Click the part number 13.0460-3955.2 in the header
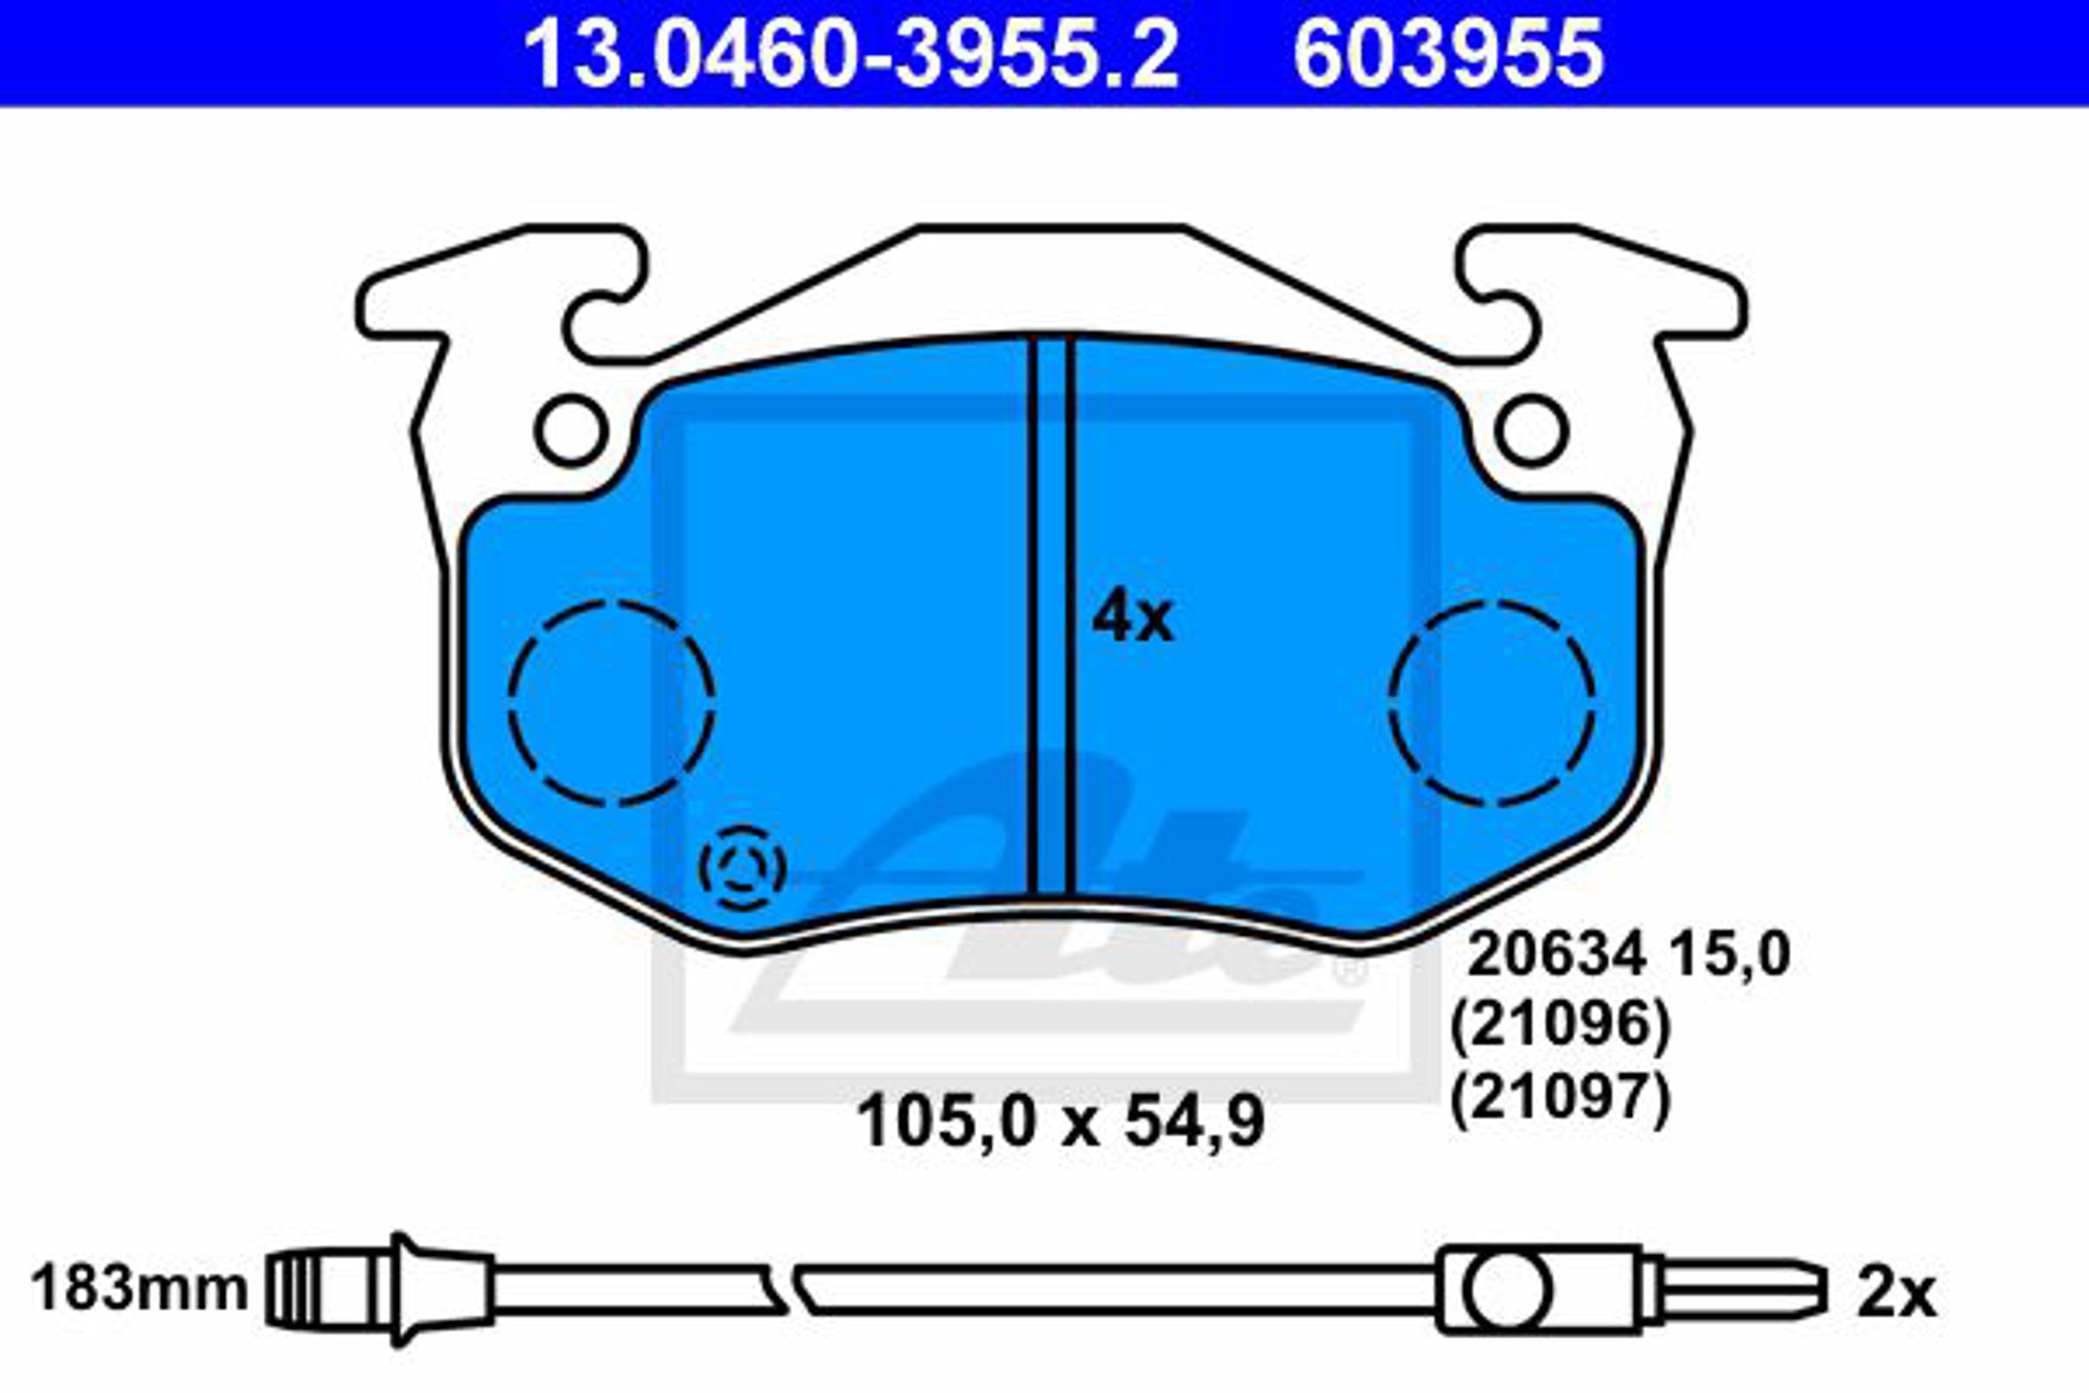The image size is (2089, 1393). point(851,54)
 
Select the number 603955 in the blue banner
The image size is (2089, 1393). point(1448,54)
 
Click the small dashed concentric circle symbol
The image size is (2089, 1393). point(742,868)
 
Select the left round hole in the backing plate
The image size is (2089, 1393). point(572,432)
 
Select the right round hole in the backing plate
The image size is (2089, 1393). point(1531,432)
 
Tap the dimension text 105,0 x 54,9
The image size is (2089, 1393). point(1060,1122)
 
